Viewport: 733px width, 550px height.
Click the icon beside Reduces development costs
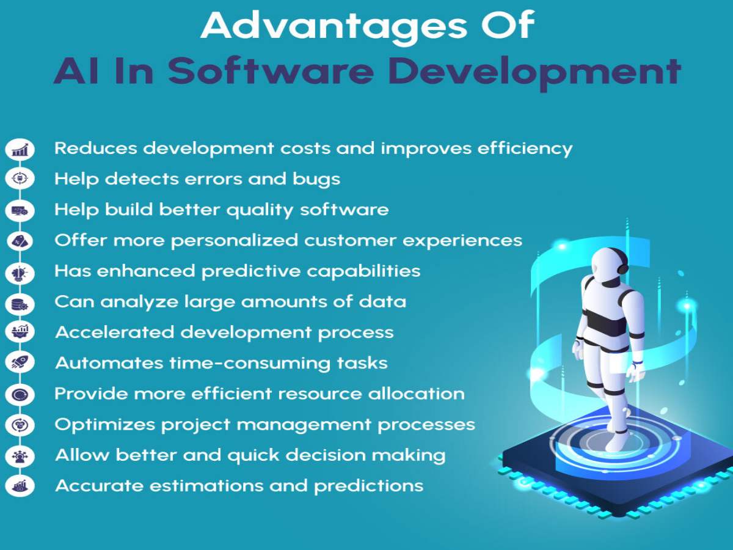[20, 148]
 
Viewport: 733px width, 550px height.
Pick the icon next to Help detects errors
[20, 179]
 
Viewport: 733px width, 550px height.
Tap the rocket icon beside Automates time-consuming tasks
[20, 363]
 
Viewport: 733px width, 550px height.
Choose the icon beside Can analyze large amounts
[20, 302]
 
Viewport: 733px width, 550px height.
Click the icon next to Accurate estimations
[20, 486]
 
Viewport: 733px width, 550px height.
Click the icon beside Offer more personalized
[20, 241]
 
